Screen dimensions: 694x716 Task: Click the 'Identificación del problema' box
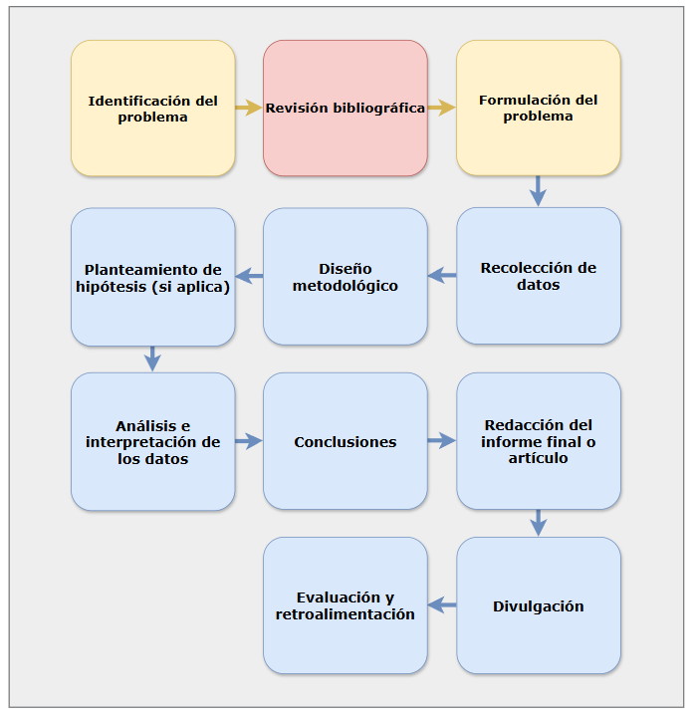pos(153,109)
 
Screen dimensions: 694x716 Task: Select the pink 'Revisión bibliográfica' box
pos(346,109)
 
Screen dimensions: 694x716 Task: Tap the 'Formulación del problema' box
pos(539,108)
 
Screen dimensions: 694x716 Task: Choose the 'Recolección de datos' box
pos(539,276)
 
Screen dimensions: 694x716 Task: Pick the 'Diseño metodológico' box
pos(346,276)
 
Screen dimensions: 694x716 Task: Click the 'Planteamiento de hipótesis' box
pos(153,277)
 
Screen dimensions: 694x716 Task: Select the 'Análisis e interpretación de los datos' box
pos(153,441)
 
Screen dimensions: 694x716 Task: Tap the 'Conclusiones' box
pos(346,441)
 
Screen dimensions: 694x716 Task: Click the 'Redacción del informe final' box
pos(539,441)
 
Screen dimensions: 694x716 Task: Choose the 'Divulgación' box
pos(539,605)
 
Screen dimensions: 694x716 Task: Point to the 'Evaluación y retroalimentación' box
pos(346,605)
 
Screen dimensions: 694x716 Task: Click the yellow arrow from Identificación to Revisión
pos(249,108)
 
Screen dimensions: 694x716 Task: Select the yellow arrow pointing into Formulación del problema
pos(441,108)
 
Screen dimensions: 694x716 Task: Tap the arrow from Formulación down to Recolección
pos(538,191)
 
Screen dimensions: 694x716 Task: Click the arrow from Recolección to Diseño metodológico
pos(442,276)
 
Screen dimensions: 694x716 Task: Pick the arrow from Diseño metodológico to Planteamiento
pos(249,276)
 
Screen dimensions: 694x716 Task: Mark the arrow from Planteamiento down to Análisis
pos(152,358)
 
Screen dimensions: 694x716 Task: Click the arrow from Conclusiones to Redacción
pos(441,440)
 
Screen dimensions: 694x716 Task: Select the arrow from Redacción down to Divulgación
pos(539,523)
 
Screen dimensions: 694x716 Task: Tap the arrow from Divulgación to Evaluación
pos(442,605)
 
